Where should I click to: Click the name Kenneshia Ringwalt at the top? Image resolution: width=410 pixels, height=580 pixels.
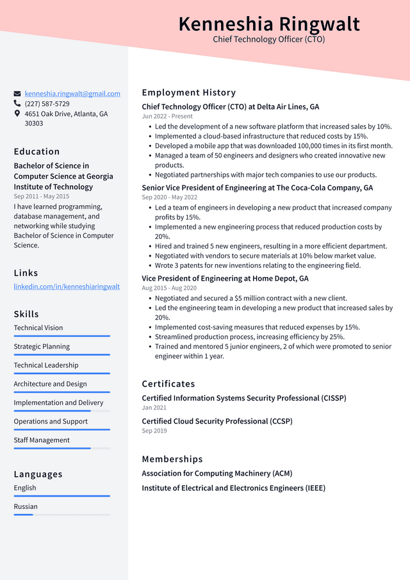[269, 24]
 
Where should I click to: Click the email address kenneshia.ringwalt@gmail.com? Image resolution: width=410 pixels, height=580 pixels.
[72, 94]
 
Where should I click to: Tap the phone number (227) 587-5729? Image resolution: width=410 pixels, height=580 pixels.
[47, 104]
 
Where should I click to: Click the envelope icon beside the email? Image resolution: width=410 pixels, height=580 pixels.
[17, 94]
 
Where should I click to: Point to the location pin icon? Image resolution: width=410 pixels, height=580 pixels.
[17, 113]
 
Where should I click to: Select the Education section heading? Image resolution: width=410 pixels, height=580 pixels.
[37, 152]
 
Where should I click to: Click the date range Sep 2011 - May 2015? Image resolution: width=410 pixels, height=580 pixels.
[41, 197]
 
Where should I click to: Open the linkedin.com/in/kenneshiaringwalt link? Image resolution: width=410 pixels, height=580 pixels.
[67, 286]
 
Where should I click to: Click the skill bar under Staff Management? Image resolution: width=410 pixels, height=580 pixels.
[61, 448]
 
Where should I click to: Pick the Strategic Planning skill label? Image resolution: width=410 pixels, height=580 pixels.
[42, 347]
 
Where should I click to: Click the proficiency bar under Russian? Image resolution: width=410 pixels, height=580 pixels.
[61, 515]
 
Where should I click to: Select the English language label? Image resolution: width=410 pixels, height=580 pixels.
[25, 488]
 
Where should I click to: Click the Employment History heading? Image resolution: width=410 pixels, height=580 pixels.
[188, 93]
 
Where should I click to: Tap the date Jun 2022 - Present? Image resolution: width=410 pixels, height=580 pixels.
[167, 117]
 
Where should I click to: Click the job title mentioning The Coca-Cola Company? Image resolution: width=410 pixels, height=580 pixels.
[257, 188]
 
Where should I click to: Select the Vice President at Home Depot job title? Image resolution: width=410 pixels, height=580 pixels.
[225, 279]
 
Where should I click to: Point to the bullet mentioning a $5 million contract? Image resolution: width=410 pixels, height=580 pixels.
[251, 298]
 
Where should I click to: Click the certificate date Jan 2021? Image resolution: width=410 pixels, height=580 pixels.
[154, 408]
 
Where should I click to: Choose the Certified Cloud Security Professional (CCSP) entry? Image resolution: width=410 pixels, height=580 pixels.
[217, 421]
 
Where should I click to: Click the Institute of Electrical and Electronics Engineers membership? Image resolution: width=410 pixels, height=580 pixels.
[233, 488]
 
